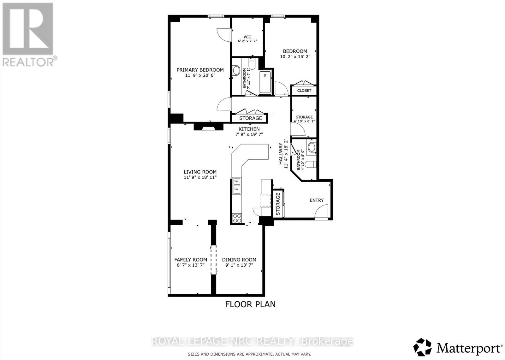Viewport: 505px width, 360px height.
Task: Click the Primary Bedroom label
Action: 200,70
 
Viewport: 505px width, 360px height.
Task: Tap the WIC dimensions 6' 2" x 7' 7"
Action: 247,41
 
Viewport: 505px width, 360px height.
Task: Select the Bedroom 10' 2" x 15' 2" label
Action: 295,54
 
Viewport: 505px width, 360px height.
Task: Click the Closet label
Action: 304,91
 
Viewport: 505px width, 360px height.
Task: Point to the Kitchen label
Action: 249,129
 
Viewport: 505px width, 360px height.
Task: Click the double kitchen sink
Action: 236,186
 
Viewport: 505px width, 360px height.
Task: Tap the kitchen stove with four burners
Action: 237,218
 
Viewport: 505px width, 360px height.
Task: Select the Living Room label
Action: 200,172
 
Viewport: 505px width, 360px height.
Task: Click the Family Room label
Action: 191,260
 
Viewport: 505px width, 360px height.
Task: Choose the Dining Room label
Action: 239,260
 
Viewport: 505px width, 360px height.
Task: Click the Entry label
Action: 317,200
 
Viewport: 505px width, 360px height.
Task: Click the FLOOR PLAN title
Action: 250,304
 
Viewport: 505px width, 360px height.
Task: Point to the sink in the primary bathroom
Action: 236,70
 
